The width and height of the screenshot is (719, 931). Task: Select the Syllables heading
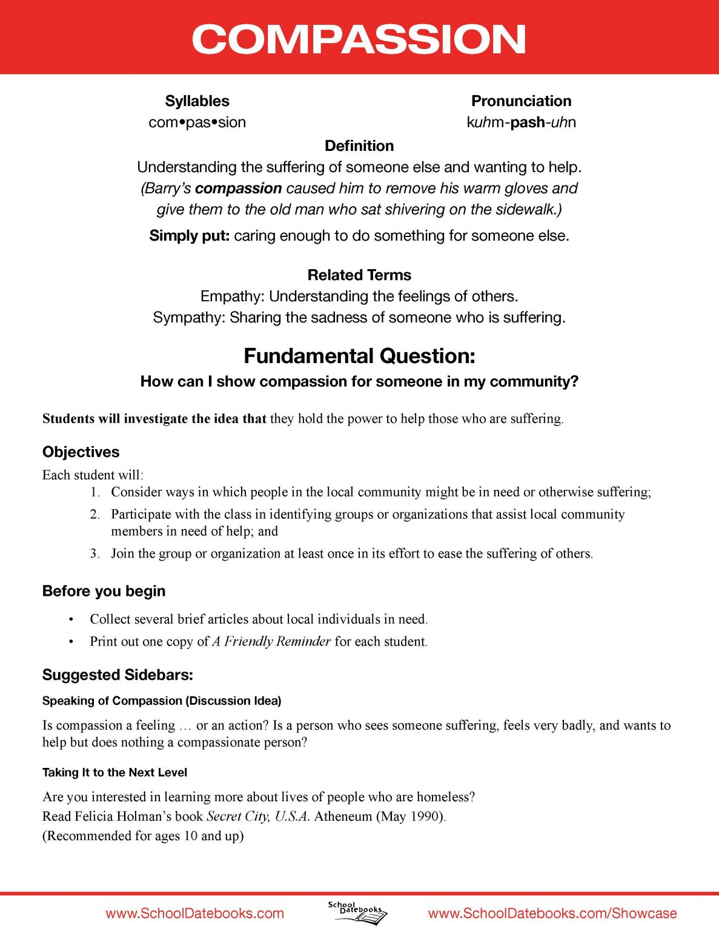197,101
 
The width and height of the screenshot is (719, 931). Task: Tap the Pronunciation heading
521,101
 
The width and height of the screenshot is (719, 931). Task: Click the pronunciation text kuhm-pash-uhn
521,122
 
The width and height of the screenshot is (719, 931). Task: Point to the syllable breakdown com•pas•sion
197,122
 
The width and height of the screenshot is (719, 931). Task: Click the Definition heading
359,145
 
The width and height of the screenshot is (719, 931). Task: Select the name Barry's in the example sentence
166,189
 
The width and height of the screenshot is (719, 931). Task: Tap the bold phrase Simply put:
189,236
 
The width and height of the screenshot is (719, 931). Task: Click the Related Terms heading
359,275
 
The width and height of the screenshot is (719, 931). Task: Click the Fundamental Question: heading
359,356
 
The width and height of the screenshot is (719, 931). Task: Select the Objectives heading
81,452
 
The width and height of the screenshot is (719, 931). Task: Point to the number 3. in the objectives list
95,553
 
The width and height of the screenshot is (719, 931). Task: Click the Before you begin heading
104,591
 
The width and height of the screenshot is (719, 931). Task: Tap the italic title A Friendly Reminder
271,641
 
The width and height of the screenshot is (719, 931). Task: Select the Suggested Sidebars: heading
118,675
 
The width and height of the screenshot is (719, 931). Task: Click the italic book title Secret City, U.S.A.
258,816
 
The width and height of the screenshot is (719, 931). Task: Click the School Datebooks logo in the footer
357,912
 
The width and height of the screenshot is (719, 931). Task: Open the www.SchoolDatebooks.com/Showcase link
552,913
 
